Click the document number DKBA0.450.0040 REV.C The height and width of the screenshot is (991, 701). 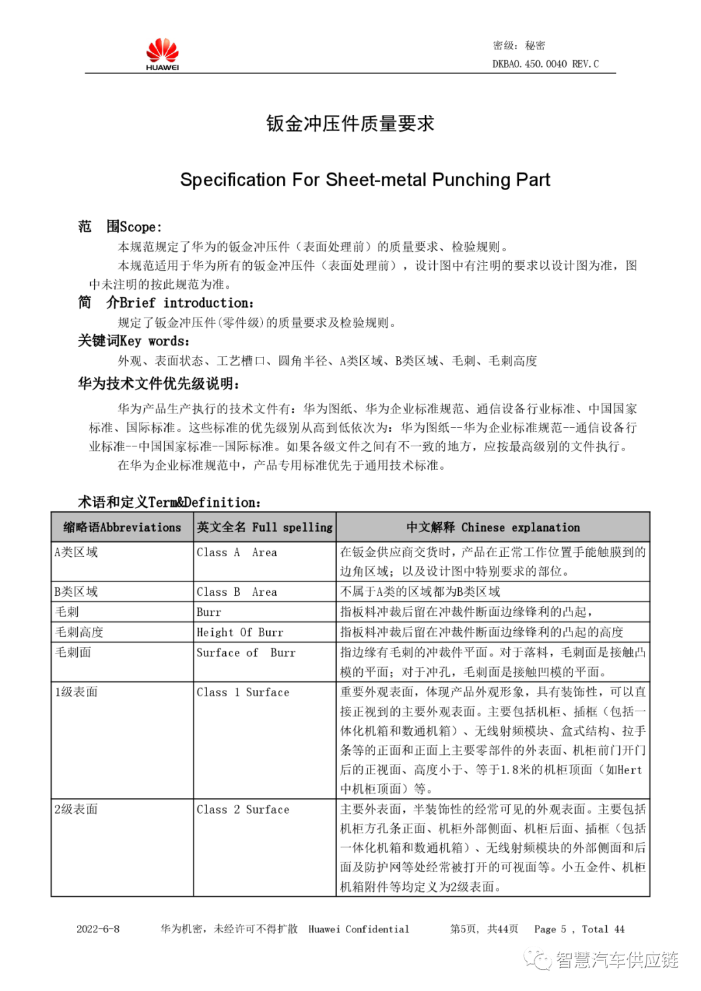click(x=545, y=64)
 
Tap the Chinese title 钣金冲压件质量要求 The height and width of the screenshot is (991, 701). click(x=350, y=123)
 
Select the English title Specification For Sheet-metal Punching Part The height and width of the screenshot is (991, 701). click(x=365, y=180)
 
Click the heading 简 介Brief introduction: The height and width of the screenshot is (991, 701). click(x=166, y=302)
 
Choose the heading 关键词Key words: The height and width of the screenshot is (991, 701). click(x=134, y=341)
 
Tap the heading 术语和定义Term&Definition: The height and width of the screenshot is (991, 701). click(x=169, y=502)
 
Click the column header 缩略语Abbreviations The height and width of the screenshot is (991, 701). click(x=122, y=527)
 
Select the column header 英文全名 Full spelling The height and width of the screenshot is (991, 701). click(x=265, y=527)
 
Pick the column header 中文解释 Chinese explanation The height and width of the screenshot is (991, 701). click(x=493, y=527)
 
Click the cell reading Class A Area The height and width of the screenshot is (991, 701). click(x=237, y=552)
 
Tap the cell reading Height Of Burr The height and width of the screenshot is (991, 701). click(x=240, y=632)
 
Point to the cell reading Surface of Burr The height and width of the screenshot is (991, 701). click(x=246, y=652)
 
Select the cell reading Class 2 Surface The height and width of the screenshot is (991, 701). click(x=243, y=809)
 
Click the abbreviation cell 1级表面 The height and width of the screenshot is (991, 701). click(x=76, y=692)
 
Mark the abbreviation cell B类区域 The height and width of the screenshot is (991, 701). click(x=76, y=592)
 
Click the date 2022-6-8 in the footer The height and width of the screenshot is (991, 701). click(x=98, y=929)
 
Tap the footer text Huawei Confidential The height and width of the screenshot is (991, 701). click(x=358, y=929)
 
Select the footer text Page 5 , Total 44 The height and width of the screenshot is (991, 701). click(x=579, y=929)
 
